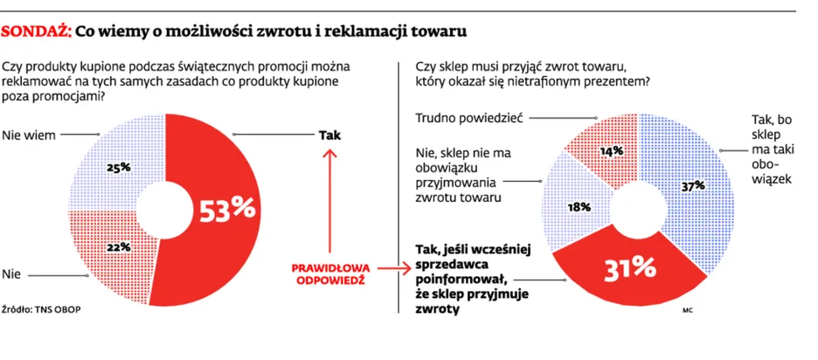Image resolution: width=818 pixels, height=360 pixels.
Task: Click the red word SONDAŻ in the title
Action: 36,31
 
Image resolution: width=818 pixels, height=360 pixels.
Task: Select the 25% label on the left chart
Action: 119,168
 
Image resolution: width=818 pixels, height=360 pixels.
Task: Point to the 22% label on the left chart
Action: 119,248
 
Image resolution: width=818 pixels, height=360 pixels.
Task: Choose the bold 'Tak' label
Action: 329,135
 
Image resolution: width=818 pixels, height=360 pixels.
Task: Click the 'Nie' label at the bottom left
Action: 11,274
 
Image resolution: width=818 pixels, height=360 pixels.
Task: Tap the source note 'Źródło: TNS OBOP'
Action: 42,308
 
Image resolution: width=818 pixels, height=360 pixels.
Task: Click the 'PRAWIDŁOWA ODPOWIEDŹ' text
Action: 330,273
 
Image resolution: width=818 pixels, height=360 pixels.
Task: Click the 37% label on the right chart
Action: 694,185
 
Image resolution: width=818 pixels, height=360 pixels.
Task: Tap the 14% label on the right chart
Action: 612,151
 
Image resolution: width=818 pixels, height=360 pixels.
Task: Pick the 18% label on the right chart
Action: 579,207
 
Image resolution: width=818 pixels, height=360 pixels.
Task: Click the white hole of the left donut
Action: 165,211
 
